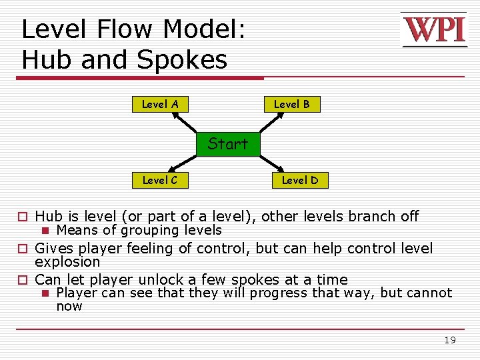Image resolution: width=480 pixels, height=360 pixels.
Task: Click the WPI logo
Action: point(433,30)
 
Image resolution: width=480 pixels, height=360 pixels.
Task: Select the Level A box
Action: point(160,104)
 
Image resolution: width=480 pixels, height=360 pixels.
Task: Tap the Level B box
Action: point(291,104)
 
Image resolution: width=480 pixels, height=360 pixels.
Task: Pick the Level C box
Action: point(160,180)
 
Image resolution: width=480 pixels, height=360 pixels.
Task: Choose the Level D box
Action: point(300,180)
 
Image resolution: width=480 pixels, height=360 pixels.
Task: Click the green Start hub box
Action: point(228,143)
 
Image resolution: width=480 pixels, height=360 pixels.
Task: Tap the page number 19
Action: point(450,340)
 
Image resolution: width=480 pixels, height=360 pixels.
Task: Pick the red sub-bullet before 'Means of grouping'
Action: point(45,231)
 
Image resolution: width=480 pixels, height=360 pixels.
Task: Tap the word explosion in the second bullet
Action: point(67,262)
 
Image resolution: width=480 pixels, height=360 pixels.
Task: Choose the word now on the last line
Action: point(69,307)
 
